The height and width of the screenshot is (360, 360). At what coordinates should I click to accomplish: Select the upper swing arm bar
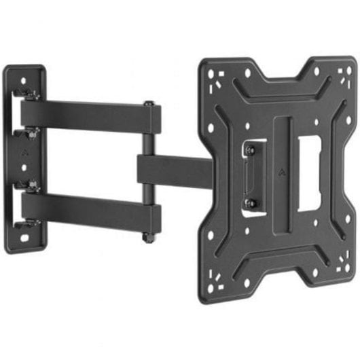coord(88,116)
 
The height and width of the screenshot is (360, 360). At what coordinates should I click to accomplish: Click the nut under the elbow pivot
coord(147,238)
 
